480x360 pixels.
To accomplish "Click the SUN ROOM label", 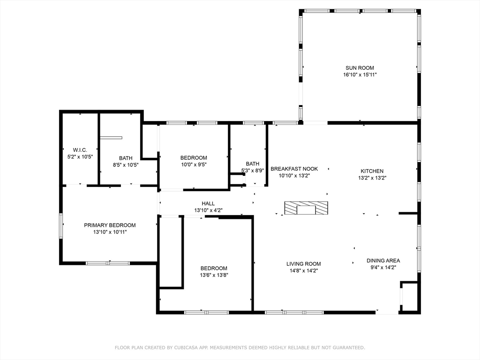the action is (360, 68).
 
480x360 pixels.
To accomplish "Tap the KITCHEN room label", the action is (372, 171).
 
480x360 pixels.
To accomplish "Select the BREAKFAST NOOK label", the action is (294, 169).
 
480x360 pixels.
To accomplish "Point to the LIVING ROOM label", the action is (304, 264).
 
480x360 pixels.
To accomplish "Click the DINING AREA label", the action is (383, 261).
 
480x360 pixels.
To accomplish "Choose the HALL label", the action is (208, 203).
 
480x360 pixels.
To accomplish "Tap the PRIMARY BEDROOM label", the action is (110, 225).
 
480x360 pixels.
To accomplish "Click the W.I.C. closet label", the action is (80, 150).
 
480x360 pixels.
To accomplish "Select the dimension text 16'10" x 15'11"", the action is (360, 75).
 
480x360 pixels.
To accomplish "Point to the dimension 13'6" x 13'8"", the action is (214, 275).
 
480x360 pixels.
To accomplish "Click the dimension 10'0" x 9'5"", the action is (194, 165).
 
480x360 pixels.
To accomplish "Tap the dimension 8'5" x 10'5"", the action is (126, 165).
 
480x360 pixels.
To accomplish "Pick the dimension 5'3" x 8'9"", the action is (253, 171).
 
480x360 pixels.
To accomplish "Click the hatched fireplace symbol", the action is (306, 208).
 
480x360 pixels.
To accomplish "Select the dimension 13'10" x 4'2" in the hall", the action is (208, 210).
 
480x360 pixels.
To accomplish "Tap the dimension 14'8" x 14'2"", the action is (304, 270).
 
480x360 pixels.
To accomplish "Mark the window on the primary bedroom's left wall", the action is (61, 226).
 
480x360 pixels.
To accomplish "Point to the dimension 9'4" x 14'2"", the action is (383, 267).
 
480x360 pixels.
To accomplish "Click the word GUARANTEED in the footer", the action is (350, 347).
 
